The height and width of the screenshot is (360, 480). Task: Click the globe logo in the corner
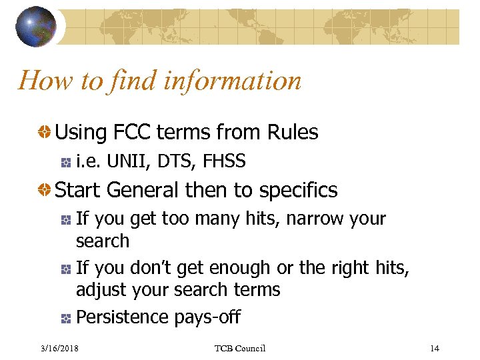click(x=36, y=27)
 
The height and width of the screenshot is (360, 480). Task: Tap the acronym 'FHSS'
click(x=225, y=161)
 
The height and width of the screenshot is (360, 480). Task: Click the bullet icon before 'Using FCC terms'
click(x=44, y=133)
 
